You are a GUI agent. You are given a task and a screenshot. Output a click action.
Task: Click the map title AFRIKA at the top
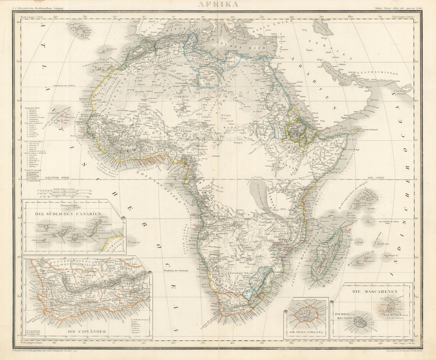click(x=218, y=5)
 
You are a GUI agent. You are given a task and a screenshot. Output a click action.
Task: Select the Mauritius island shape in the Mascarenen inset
click(x=391, y=306)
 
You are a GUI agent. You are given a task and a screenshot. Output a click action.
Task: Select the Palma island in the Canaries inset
click(x=47, y=228)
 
